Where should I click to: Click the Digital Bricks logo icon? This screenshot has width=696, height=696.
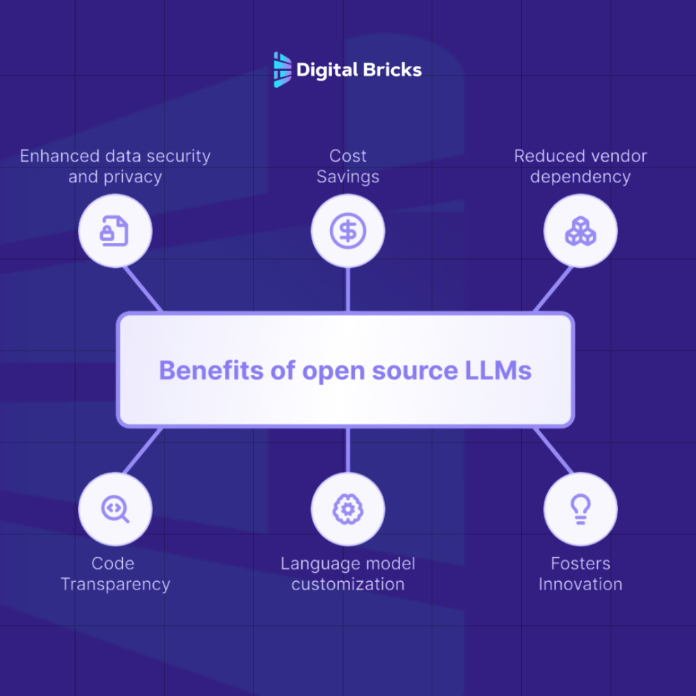coord(282,70)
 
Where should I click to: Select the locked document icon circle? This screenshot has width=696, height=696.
coord(115,231)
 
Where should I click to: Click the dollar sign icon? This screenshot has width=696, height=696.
coord(347,231)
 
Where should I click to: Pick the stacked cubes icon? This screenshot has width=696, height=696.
coord(580,231)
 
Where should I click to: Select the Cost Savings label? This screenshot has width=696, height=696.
coord(348,166)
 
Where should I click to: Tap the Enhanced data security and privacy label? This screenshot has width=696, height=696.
coord(115,166)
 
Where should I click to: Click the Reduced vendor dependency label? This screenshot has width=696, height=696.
coord(580,166)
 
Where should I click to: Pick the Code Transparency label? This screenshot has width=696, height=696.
coord(115,574)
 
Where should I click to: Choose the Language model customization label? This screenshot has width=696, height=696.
coord(348,574)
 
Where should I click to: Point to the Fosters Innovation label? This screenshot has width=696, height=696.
coord(580,574)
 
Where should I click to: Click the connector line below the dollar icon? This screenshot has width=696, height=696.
coord(347,289)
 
